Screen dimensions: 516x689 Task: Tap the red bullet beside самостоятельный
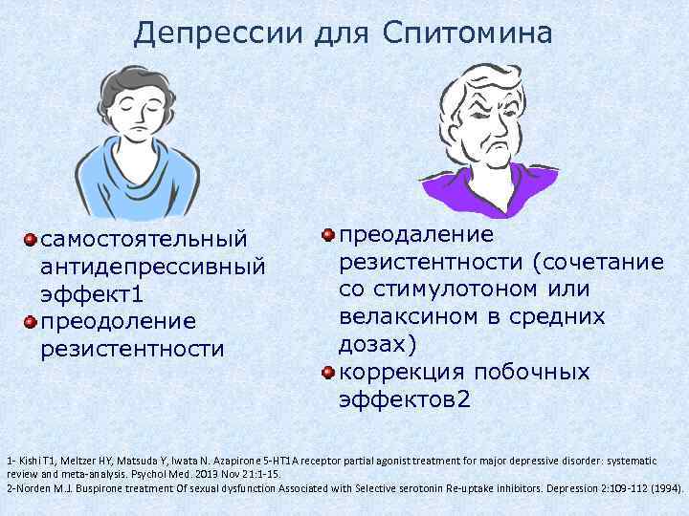32,237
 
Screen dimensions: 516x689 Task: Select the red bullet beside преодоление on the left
32,321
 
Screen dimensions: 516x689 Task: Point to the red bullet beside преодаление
328,235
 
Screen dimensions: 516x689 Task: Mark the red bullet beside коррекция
328,372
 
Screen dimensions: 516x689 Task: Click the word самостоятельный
144,237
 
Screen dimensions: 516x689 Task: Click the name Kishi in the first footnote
28,449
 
